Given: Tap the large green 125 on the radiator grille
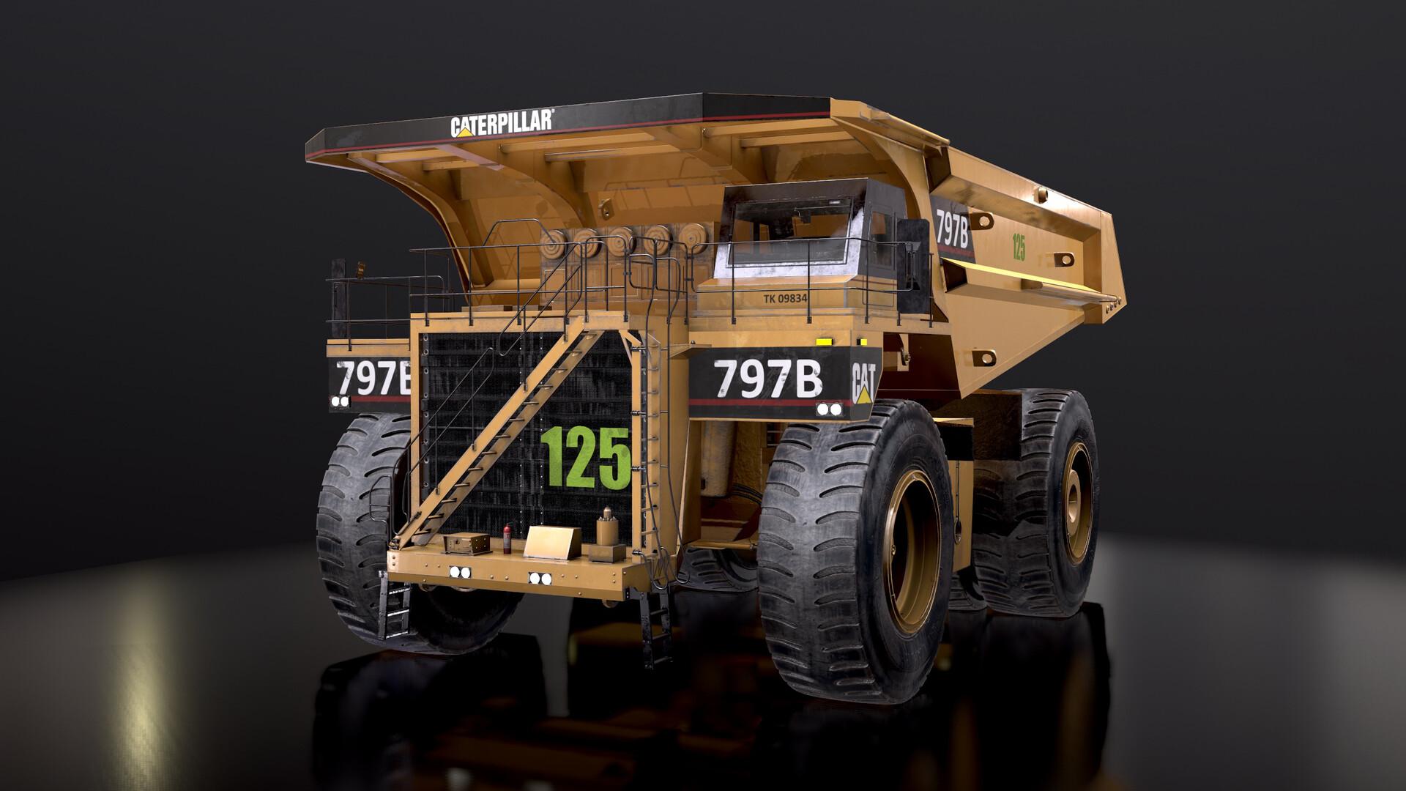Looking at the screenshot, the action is [585, 457].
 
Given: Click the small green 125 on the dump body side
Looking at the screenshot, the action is [1018, 247].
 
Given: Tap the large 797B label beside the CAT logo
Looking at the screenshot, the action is [768, 378].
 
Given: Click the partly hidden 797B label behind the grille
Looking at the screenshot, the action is [372, 379].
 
